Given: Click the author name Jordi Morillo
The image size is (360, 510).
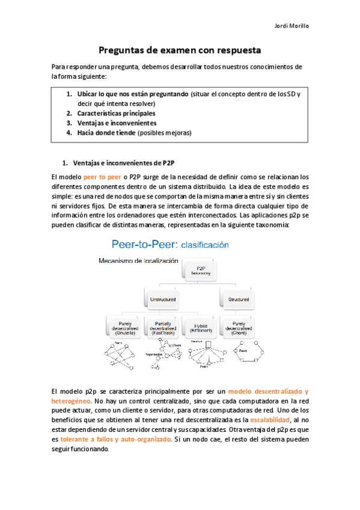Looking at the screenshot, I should pyautogui.click(x=291, y=26).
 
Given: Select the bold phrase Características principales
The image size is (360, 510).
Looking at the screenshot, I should pyautogui.click(x=116, y=112).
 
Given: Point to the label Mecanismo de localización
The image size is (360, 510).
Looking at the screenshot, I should pyautogui.click(x=138, y=260).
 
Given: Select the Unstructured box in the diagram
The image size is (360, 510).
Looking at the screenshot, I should pyautogui.click(x=160, y=298).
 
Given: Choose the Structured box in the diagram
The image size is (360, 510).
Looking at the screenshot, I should pyautogui.click(x=239, y=298).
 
